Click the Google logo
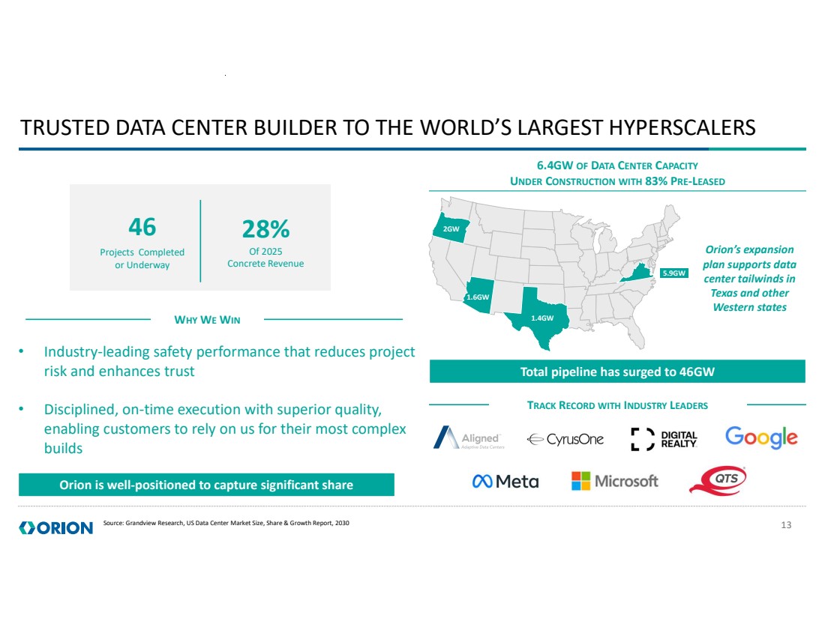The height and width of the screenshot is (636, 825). pos(760,437)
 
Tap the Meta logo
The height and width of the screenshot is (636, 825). pos(505,481)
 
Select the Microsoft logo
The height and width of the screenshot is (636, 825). pos(614,481)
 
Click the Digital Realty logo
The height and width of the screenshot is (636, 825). pos(664,440)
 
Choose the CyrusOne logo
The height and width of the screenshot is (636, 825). pos(565,440)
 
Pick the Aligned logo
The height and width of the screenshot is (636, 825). pos(469,438)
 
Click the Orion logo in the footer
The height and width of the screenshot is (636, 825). pos(56,527)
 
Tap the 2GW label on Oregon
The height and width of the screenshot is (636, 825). pos(451,228)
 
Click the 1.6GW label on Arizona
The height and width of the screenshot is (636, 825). pos(478,297)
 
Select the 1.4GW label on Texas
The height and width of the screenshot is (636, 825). pos(541,318)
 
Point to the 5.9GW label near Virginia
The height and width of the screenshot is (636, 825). pos(673,273)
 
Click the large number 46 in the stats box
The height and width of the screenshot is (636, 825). pos(142,226)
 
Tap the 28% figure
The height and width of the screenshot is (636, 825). pos(265,228)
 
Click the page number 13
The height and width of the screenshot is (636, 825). pos(786,524)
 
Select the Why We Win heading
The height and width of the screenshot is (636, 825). pos(207,320)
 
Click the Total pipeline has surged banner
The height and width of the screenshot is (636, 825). pos(616,372)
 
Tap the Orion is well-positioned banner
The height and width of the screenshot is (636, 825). pos(206,485)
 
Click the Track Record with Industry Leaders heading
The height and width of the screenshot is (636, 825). pos(617,405)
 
